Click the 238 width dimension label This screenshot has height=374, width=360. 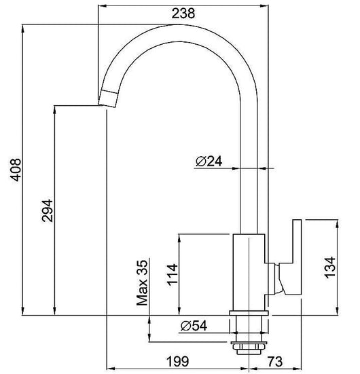(x=183, y=14)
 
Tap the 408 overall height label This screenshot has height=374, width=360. (x=16, y=170)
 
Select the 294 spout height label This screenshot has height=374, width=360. (x=48, y=211)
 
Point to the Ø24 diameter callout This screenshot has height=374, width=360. (x=209, y=162)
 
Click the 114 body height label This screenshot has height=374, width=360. (x=173, y=274)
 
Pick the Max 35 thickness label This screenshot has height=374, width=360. (x=142, y=283)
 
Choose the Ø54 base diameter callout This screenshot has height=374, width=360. (x=194, y=326)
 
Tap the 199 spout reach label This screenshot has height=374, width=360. (x=177, y=361)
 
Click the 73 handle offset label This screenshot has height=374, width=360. (x=275, y=361)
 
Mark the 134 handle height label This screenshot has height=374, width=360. (x=330, y=267)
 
